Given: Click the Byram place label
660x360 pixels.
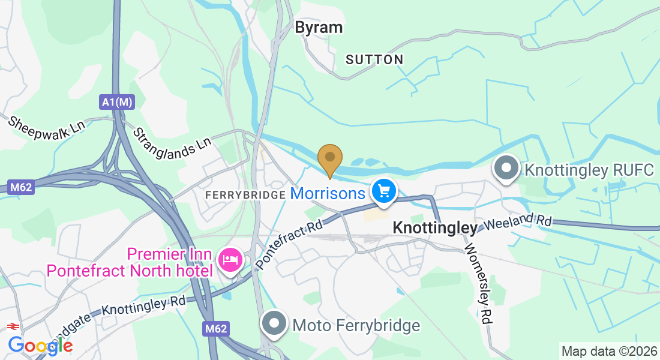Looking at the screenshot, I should coord(319,28).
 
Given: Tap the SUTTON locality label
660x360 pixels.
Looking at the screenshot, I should coord(374,59).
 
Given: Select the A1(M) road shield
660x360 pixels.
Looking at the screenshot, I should coord(117,103).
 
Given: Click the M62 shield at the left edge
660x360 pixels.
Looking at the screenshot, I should coord(20,187).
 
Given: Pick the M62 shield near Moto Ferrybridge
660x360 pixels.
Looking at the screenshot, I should coord(215,328).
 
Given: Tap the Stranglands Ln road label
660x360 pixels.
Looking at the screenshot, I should coord(172,140).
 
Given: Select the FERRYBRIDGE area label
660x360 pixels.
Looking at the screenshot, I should coord(245,195).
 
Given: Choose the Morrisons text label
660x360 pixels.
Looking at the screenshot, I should coord(328,193).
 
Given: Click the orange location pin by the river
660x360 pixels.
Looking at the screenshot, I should coord(330,159).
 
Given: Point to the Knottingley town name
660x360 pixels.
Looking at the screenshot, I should coord(435,228).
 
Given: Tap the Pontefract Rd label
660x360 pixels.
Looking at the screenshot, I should coord(289,243).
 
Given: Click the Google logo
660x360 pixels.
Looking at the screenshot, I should coord(40,345).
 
